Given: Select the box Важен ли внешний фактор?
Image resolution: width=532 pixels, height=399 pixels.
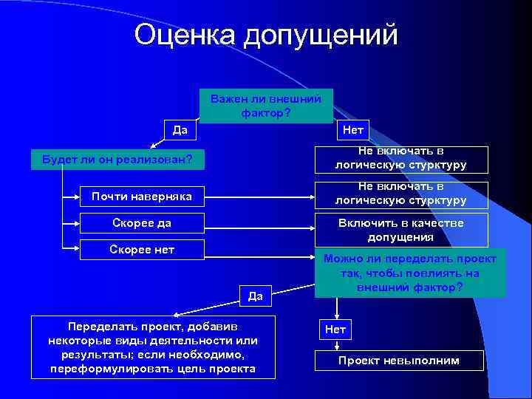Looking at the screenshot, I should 266,106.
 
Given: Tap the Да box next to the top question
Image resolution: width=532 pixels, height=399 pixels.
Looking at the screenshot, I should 180,131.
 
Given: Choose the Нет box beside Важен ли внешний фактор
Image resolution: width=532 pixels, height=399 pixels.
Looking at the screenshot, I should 353,131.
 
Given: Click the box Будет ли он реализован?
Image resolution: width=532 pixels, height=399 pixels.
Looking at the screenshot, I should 117,159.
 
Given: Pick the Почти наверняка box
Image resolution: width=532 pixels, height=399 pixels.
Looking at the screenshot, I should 142,197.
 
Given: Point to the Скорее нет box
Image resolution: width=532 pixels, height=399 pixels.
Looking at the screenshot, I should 142,250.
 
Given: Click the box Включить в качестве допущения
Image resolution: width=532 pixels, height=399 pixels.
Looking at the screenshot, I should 401,230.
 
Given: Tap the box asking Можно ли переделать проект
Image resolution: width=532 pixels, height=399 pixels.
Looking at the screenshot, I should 410,273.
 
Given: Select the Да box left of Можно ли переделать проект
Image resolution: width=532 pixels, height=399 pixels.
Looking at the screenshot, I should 256,296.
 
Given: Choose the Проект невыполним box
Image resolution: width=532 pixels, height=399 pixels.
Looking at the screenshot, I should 399,361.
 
